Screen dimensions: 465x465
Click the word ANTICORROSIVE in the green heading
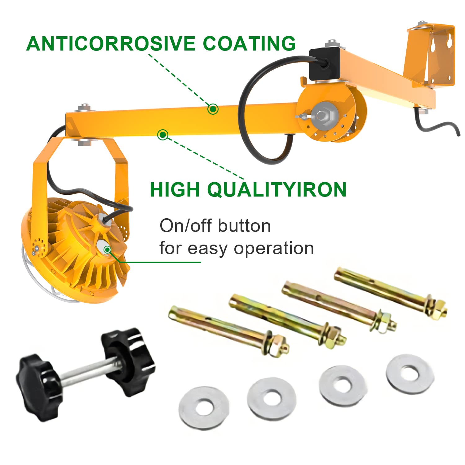111,43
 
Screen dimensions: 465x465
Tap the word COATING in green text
249,43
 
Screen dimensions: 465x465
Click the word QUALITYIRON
277,189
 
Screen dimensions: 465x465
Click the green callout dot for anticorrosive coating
213,109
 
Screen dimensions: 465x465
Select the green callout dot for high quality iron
163,135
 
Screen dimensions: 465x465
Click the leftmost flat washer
204,408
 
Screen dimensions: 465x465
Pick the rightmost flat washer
410,374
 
